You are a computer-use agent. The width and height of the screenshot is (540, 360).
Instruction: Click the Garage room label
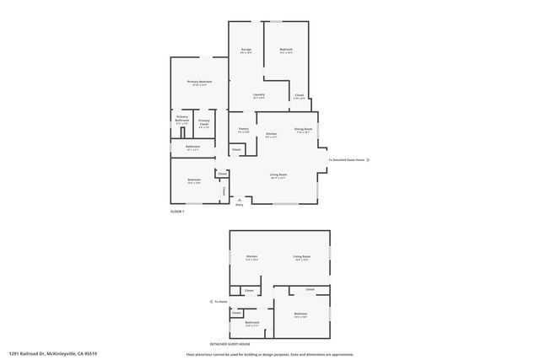pos(246,50)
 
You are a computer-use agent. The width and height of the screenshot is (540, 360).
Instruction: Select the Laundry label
pos(259,94)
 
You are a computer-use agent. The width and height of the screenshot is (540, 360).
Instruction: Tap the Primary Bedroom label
pos(200,82)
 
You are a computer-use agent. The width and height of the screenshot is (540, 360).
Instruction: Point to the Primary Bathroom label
pos(182,118)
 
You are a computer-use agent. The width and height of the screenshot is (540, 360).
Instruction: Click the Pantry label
pos(243,129)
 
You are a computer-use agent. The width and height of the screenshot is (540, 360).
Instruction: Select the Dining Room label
pos(303,129)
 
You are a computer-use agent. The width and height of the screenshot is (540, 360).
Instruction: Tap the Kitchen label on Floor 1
pos(271,134)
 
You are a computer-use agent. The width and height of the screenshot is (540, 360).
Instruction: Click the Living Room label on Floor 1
pos(278,175)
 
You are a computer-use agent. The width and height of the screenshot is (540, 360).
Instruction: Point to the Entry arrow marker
pos(240,199)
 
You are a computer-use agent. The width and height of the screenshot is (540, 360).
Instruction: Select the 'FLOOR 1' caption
pos(177,211)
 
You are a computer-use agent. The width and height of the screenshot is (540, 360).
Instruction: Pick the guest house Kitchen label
pos(251,256)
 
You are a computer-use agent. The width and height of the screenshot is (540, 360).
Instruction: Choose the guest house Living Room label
pos(302,256)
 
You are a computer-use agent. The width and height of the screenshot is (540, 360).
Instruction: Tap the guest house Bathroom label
pos(251,321)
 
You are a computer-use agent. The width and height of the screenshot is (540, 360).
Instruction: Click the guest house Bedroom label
pos(301,314)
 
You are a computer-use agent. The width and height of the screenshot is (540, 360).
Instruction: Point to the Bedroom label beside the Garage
pos(286,50)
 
